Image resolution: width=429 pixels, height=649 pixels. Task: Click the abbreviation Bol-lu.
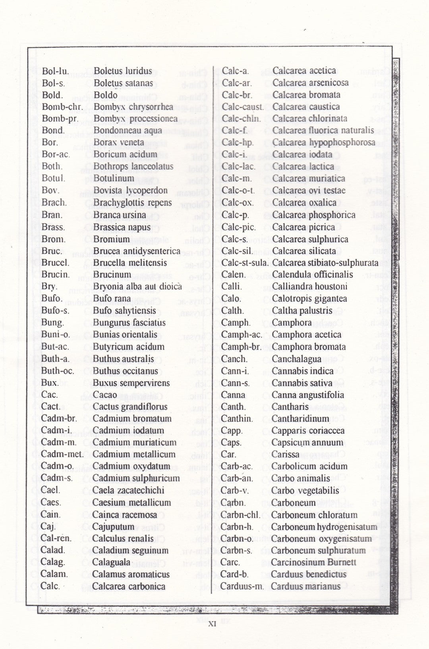55,72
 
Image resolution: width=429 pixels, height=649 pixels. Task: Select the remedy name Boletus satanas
123,83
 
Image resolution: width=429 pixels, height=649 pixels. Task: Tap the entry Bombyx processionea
135,119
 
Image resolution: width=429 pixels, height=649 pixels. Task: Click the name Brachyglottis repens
132,203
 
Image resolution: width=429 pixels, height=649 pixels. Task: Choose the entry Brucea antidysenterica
137,251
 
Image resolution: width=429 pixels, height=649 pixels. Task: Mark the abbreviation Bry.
49,287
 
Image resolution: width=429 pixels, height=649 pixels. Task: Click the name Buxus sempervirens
131,383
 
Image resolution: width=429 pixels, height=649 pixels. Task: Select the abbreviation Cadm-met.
62,454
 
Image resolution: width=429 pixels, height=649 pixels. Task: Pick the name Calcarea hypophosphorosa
324,142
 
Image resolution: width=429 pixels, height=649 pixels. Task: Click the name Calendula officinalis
313,275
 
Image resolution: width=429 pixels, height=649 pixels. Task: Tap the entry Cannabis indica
303,371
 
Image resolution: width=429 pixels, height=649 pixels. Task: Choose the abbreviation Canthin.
237,419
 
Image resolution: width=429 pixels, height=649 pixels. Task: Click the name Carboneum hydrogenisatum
324,527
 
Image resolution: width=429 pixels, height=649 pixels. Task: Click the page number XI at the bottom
212,624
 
